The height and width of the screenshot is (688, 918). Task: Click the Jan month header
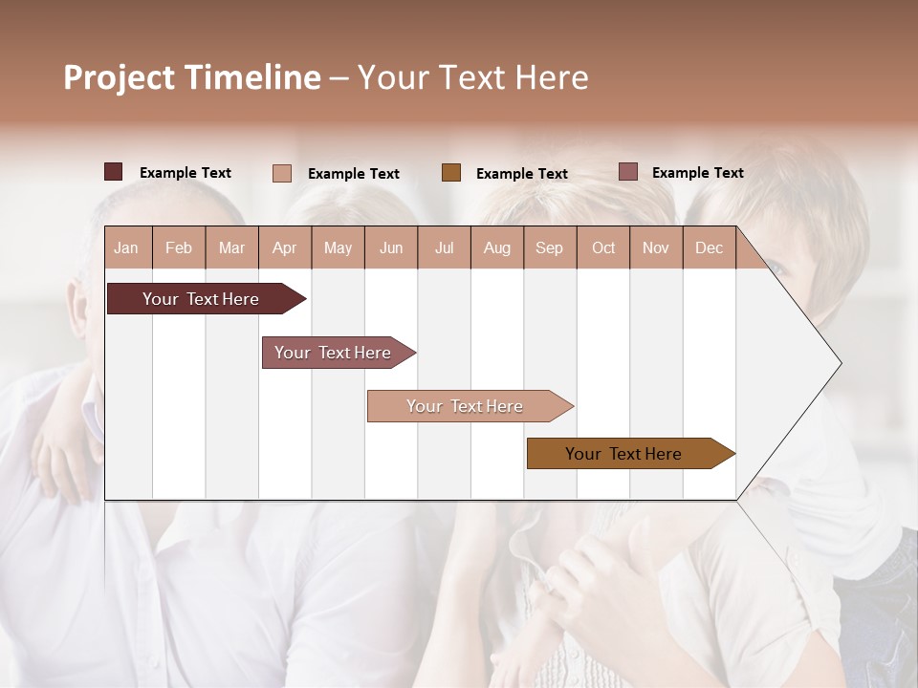pos(126,248)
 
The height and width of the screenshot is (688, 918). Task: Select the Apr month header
pos(284,248)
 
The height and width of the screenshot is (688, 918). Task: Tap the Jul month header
pos(444,248)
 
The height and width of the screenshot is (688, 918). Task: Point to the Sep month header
pos(549,248)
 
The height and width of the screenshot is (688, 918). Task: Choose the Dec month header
pos(709,248)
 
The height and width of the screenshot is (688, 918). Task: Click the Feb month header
pos(179,248)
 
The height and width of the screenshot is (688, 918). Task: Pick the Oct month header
pos(603,248)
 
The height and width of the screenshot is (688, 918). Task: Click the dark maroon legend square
pos(113,172)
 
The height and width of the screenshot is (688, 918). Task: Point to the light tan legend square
pos(282,173)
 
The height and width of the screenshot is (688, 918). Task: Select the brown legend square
pos(451,172)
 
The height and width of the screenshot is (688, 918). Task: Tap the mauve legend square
pos(627,172)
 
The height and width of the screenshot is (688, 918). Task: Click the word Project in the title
pos(120,77)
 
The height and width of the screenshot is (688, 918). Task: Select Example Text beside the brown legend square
pos(521,174)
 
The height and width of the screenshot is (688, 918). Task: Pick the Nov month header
pos(656,248)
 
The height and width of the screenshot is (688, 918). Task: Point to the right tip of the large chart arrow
pos(840,363)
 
